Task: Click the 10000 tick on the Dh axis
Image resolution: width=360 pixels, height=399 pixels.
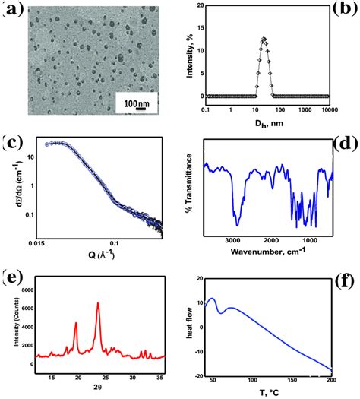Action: [328, 111]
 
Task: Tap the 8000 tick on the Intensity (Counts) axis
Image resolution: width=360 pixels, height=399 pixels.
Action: [27, 290]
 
